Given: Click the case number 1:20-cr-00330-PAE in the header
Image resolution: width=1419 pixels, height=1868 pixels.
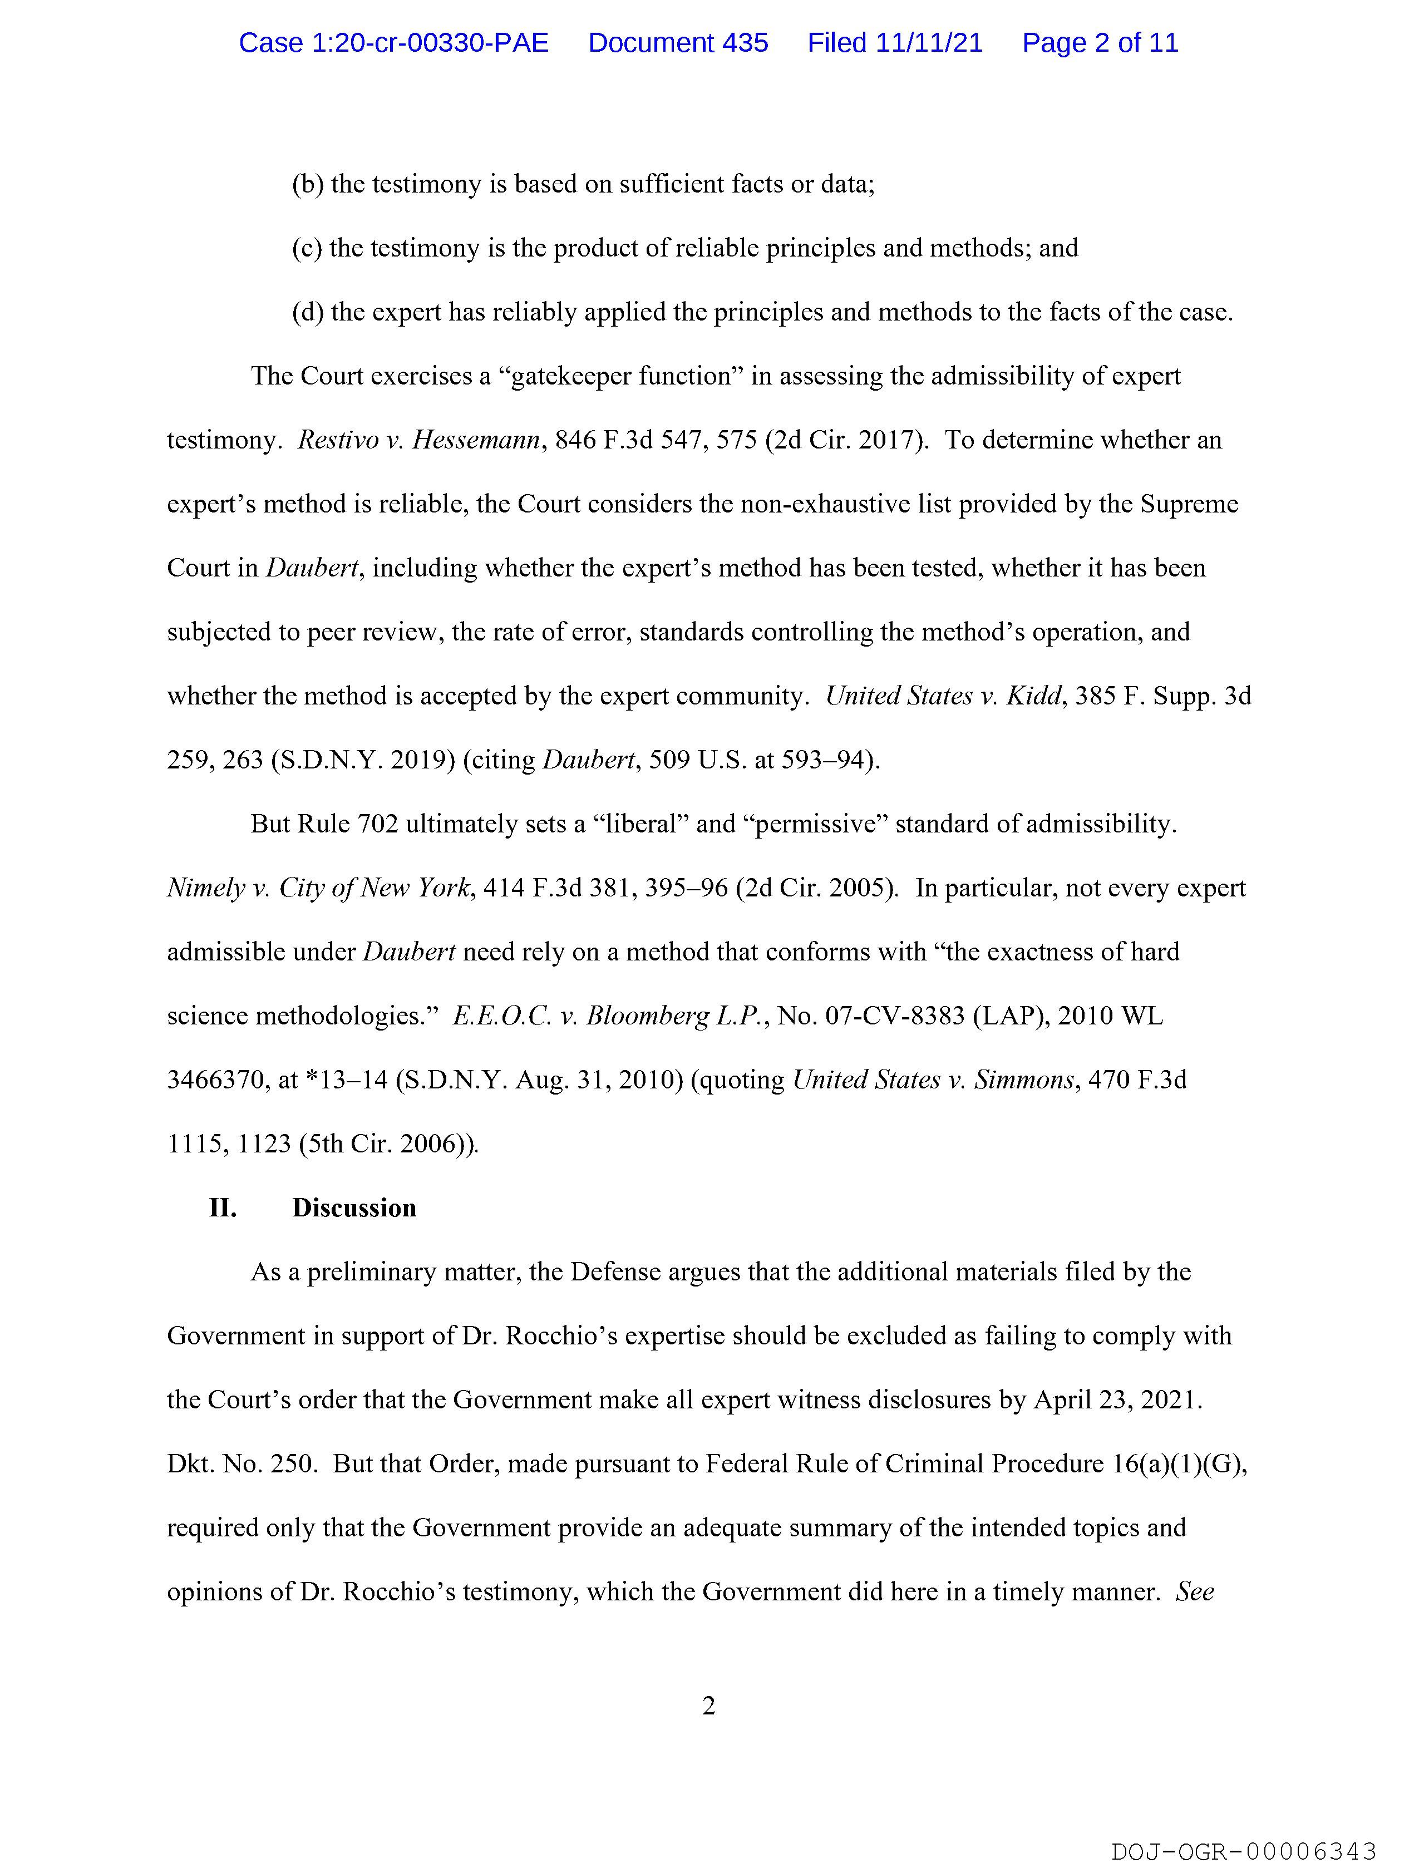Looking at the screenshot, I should tap(393, 43).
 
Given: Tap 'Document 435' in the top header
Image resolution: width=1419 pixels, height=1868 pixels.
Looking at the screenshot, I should tap(678, 43).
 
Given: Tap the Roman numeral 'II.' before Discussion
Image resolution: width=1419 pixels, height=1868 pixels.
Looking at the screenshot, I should tap(223, 1207).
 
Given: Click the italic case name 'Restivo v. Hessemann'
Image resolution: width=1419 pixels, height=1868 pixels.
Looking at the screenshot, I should tap(418, 440).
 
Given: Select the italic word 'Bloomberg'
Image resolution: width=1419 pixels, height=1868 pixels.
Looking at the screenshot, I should tap(647, 1016).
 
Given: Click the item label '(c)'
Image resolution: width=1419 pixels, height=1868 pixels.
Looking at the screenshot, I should tap(307, 248).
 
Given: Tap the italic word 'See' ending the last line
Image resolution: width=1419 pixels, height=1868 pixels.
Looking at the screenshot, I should tap(1194, 1592).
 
